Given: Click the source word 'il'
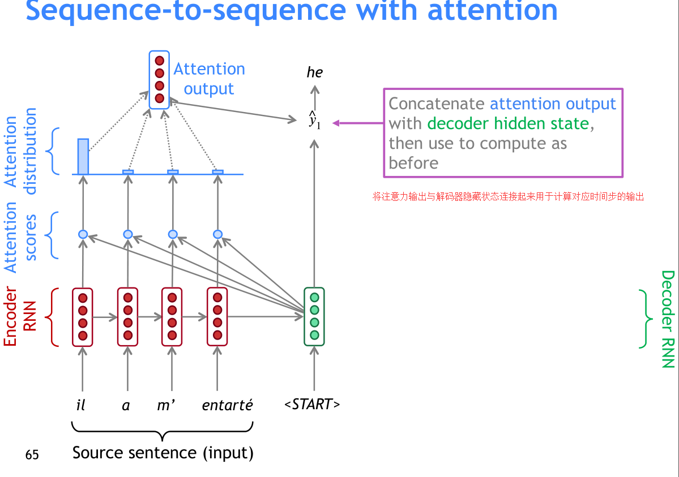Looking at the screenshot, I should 81,405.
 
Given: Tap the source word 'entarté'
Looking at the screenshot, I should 227,405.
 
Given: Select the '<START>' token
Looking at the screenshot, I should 313,405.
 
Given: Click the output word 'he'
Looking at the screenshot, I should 314,72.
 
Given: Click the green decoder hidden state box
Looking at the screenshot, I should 314,316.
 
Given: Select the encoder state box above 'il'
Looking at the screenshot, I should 83,317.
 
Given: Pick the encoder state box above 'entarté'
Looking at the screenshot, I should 217,317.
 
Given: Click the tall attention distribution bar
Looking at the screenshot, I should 83,156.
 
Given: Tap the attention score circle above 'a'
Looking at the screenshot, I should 128,234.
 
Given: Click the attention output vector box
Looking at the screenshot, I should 159,79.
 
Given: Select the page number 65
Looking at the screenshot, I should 32,455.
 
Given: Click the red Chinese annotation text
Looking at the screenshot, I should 508,197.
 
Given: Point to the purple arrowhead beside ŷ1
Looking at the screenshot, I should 336,123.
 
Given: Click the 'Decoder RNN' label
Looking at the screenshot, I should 668,319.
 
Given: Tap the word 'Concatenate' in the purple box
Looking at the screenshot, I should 437,104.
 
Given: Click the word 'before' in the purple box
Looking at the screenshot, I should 413,163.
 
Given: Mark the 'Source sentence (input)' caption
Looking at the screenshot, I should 163,453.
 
